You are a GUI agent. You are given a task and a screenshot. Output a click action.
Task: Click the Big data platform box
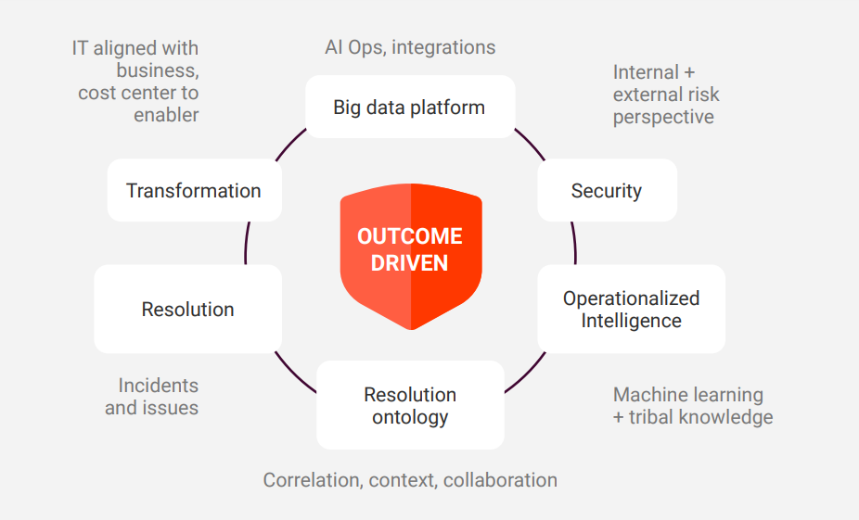(x=409, y=107)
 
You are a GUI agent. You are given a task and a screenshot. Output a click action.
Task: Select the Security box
(x=607, y=191)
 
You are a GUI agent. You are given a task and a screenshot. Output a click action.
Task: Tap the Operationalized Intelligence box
(x=631, y=310)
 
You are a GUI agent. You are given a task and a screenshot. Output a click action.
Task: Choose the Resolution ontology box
(x=410, y=406)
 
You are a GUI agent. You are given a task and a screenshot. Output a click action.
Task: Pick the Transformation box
(x=194, y=191)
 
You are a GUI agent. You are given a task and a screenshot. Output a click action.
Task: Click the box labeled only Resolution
(x=187, y=310)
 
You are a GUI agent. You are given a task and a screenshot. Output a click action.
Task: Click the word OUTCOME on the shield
(x=409, y=236)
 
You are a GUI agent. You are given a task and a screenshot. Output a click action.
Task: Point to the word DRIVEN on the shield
(x=409, y=263)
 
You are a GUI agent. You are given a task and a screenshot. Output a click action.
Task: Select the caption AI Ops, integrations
(x=410, y=47)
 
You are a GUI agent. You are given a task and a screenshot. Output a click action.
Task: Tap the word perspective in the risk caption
(x=663, y=117)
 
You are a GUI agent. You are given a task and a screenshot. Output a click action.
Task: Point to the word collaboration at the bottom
(x=501, y=480)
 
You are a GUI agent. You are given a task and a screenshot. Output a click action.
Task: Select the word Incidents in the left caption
(x=158, y=386)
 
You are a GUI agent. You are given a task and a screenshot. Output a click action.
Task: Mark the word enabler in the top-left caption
(x=166, y=115)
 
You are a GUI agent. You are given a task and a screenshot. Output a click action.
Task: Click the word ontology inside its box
(x=410, y=417)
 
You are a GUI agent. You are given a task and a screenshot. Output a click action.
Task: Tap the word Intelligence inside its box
(x=631, y=321)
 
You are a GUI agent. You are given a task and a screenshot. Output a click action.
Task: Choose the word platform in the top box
(x=449, y=107)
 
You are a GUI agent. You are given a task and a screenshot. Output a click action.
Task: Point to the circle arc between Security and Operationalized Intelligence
(x=574, y=243)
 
